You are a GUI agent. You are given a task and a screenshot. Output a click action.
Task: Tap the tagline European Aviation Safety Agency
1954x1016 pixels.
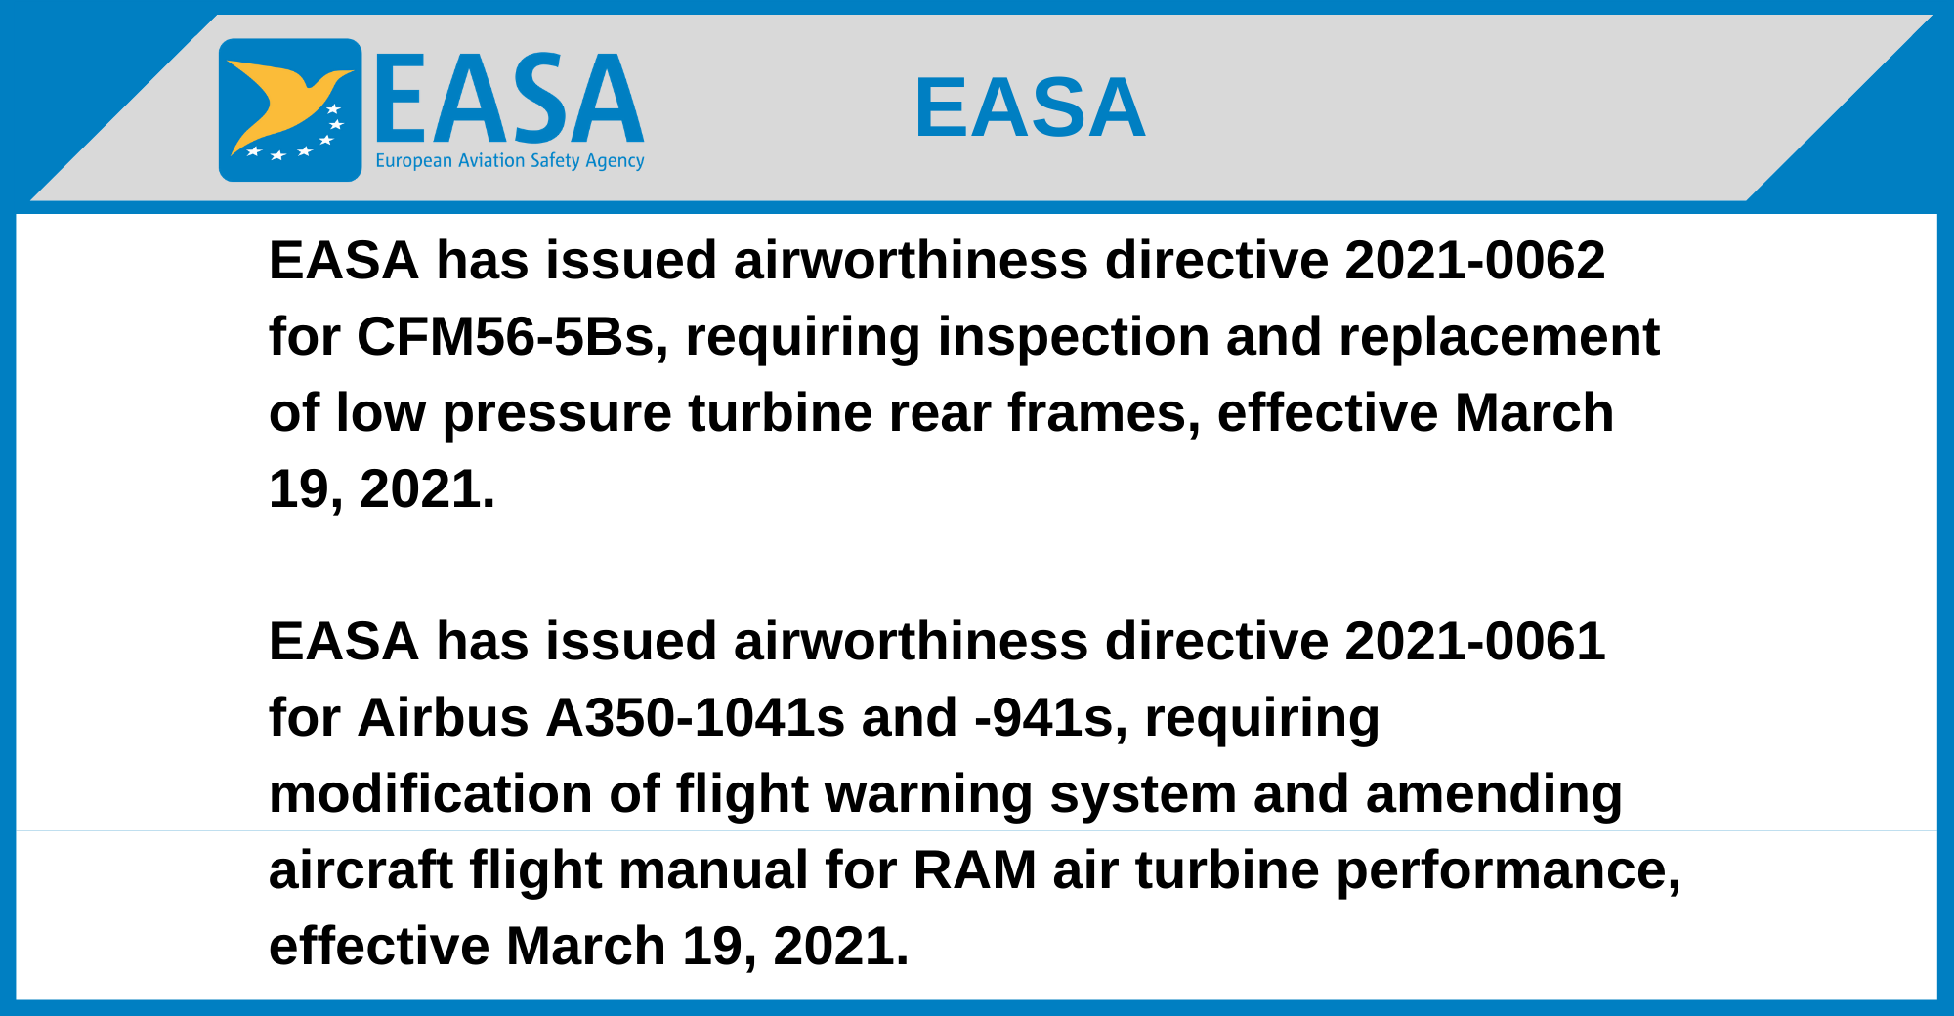pos(510,161)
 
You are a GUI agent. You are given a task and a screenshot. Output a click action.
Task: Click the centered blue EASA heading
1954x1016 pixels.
pos(1030,107)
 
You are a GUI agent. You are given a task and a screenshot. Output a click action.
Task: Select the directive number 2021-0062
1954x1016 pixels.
pos(1474,261)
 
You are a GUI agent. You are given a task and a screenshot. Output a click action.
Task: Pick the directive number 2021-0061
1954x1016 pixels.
pos(1474,642)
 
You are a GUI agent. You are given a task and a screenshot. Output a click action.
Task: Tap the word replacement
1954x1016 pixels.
pos(1499,338)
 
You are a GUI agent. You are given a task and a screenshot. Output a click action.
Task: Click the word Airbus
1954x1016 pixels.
pos(444,718)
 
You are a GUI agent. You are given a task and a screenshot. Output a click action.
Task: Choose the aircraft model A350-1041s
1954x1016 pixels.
pos(695,718)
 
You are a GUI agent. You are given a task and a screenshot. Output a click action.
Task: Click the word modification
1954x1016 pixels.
pos(431,794)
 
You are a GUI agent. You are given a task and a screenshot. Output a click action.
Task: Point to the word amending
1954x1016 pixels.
pos(1494,795)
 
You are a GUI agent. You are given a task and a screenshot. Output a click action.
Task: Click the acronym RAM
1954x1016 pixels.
pos(975,870)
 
